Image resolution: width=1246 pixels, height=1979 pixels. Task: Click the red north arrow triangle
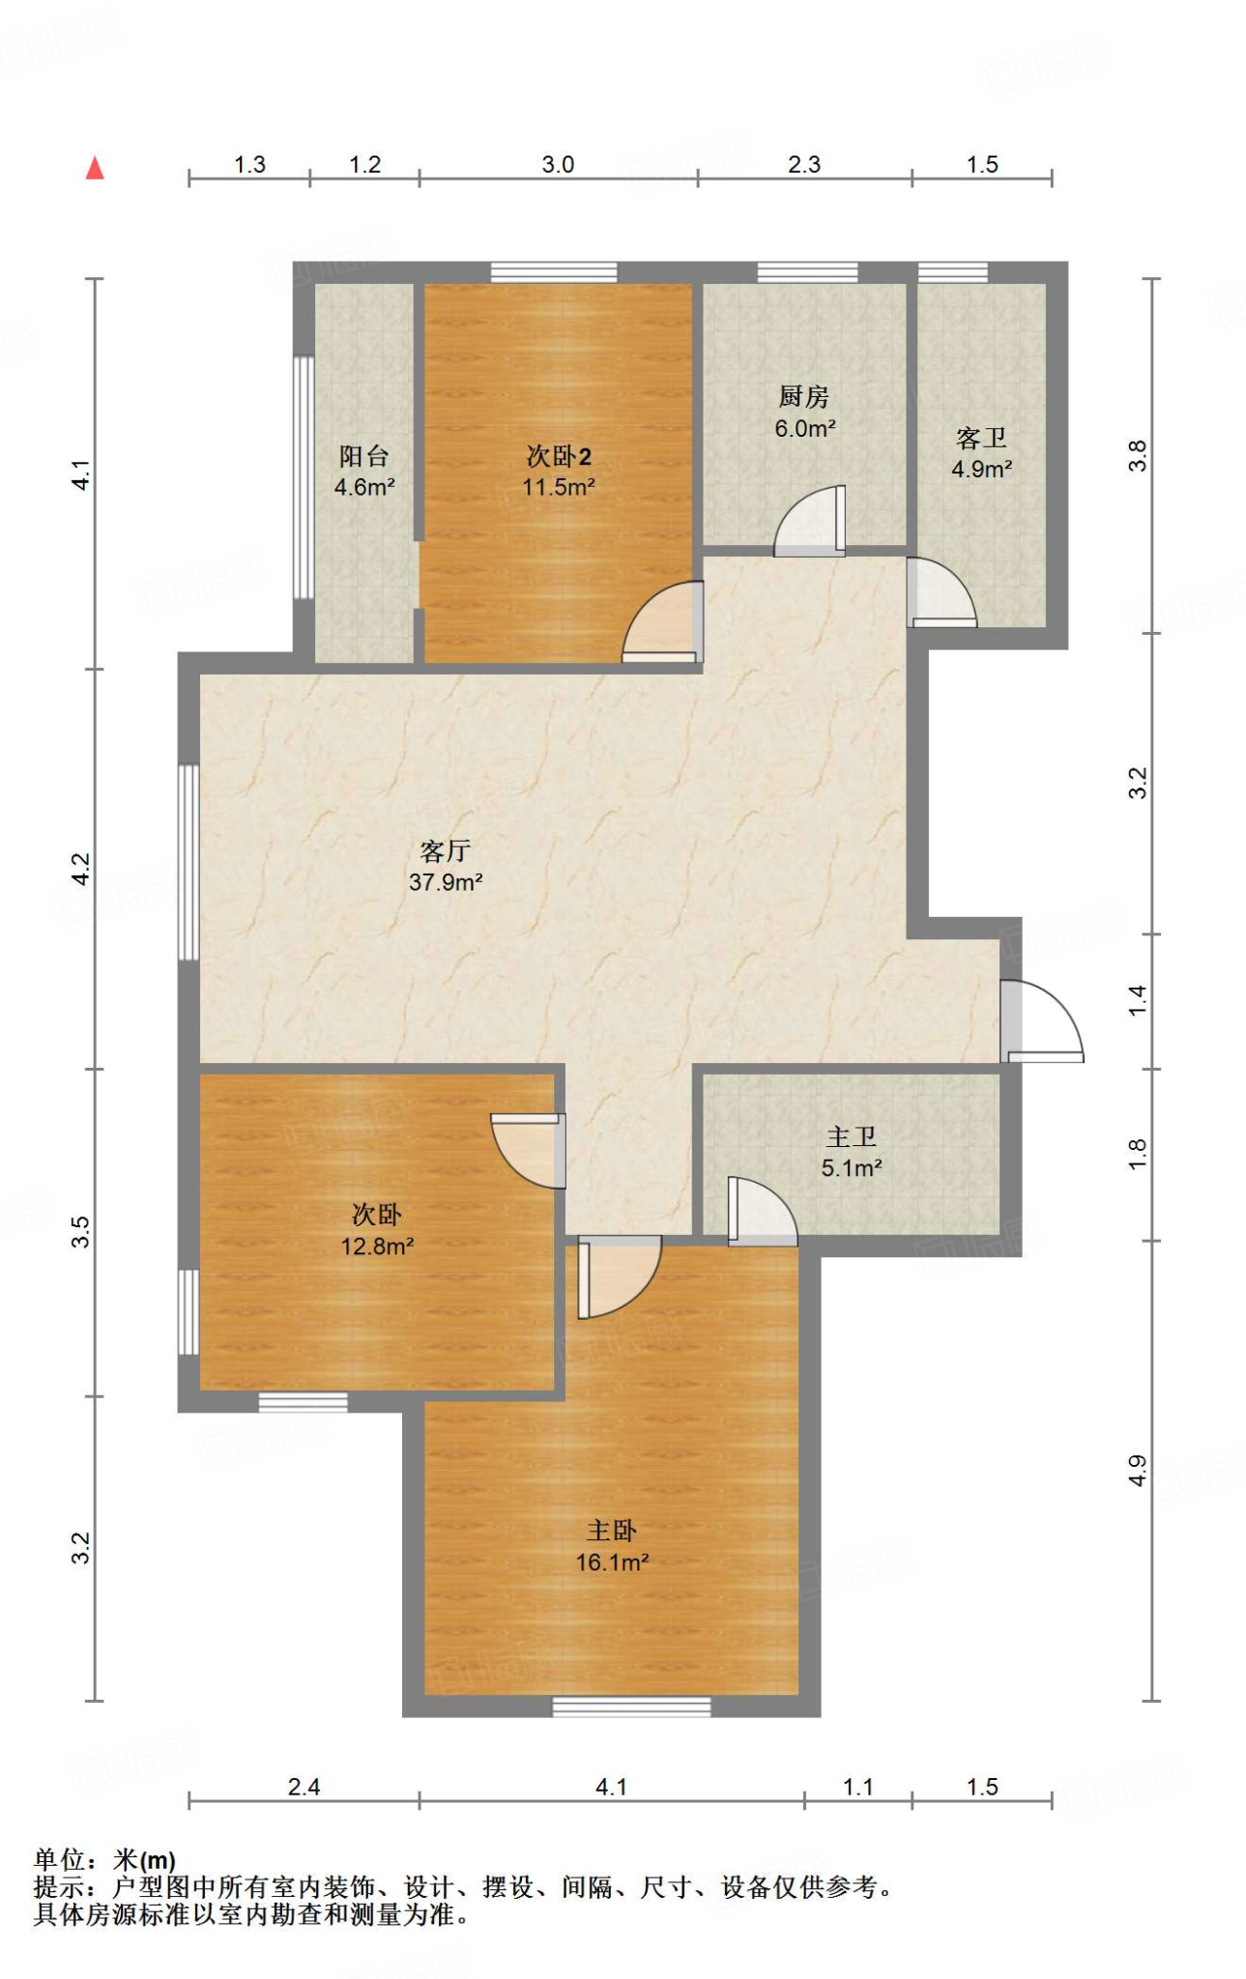(x=95, y=168)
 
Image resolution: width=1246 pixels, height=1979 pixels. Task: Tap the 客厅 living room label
(x=446, y=850)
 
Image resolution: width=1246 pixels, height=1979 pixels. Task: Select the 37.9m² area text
(x=446, y=881)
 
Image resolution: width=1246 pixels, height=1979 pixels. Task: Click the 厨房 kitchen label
(x=804, y=396)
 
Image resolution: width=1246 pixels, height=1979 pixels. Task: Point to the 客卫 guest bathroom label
(x=981, y=438)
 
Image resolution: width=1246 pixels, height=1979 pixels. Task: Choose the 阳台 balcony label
(x=363, y=456)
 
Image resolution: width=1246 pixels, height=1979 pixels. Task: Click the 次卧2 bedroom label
(x=559, y=456)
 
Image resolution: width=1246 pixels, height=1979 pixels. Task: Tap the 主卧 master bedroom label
(x=612, y=1531)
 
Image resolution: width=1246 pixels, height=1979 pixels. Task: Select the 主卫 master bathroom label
(x=852, y=1137)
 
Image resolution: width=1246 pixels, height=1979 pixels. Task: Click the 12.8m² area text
(x=377, y=1247)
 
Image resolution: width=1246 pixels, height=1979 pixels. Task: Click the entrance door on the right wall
(x=1041, y=1021)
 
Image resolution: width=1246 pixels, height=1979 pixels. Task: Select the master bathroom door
(x=763, y=1211)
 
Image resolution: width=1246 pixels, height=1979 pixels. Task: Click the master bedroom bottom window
(x=631, y=1707)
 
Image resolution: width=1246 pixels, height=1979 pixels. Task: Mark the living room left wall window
(x=188, y=862)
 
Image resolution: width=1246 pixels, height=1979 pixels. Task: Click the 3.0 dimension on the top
(x=558, y=164)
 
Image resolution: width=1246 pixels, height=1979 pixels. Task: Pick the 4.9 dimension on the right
(x=1138, y=1470)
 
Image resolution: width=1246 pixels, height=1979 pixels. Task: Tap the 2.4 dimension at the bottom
(x=304, y=1787)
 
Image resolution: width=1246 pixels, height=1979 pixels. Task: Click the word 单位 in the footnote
(x=60, y=1859)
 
